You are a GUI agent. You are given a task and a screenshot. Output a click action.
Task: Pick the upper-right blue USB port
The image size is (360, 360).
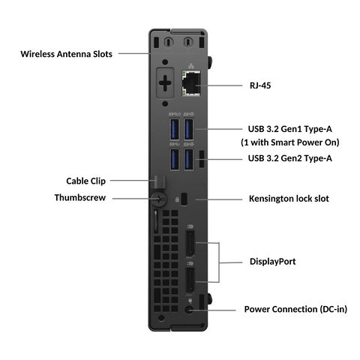pyautogui.click(x=189, y=128)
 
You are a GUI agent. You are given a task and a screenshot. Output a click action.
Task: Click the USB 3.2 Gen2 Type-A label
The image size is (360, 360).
pyautogui.click(x=290, y=158)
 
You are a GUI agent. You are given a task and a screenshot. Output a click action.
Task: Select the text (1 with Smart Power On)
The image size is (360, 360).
pyautogui.click(x=289, y=142)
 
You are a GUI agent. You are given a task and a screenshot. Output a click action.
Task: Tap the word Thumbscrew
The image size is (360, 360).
pyautogui.click(x=85, y=198)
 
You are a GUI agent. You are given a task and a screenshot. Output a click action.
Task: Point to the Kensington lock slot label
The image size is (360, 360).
pyautogui.click(x=289, y=199)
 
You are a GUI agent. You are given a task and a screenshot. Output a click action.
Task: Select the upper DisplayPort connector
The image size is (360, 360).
pyautogui.click(x=189, y=247)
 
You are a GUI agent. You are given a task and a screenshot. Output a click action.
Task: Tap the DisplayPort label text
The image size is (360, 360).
pyautogui.click(x=272, y=262)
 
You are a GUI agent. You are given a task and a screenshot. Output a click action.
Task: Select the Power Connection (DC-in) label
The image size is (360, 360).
pyautogui.click(x=295, y=309)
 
